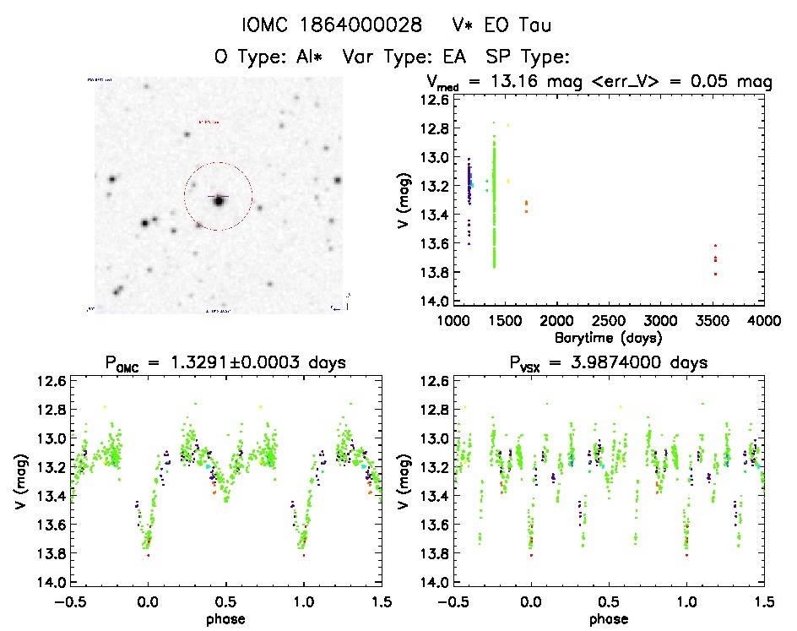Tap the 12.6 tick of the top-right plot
[x=436, y=100]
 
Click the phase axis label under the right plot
[x=608, y=617]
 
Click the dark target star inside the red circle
[x=219, y=200]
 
